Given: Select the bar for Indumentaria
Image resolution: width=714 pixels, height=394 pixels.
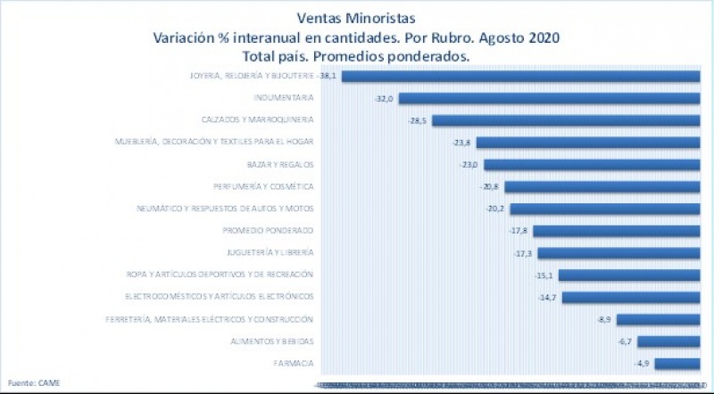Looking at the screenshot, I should tap(550, 98).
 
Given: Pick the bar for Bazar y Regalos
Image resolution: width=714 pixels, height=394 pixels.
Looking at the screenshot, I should tap(593, 165).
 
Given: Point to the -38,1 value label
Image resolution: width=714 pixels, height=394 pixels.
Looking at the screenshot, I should tap(328, 77).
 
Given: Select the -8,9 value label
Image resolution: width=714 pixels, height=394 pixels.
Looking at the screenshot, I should tap(602, 319).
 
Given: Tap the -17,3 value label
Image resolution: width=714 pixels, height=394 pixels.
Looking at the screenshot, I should tap(523, 253).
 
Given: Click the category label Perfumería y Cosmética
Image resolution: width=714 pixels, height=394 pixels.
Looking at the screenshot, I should tap(263, 186).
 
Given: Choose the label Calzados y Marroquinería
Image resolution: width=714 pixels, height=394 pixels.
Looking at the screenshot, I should tap(257, 119).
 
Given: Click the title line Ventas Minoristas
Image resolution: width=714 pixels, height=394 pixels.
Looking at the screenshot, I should tap(355, 18).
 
